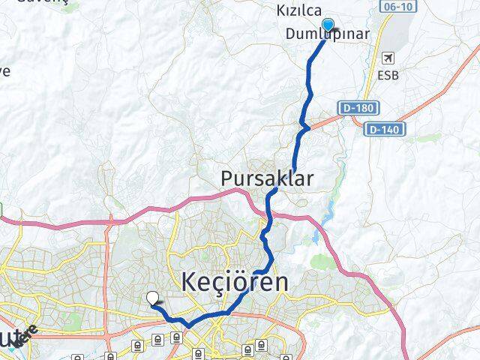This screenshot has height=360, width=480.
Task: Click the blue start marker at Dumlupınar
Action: click(327, 26)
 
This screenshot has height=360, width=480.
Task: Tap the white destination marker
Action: click(153, 298)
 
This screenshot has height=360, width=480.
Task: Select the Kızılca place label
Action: click(299, 11)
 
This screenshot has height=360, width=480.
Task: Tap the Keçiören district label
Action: click(234, 283)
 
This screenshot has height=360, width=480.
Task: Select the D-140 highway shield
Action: click(385, 130)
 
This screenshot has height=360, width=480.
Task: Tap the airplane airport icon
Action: click(388, 58)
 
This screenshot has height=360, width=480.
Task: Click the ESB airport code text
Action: click(388, 75)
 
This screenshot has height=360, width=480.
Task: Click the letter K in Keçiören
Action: click(190, 283)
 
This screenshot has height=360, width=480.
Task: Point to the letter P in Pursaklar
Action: click(227, 178)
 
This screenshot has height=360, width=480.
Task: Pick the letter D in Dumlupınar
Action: click(291, 34)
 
